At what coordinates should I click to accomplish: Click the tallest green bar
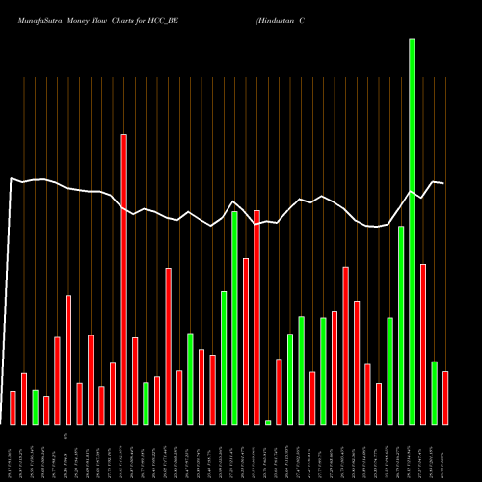(x=412, y=231)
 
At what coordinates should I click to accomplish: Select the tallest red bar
(x=123, y=280)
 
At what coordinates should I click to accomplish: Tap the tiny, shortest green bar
(x=268, y=422)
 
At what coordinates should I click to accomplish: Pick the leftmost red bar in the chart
(x=13, y=408)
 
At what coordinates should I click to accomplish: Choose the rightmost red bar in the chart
(x=445, y=398)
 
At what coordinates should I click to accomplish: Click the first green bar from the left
(x=35, y=407)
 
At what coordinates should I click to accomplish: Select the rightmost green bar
(x=435, y=392)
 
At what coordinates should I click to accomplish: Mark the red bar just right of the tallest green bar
(x=423, y=344)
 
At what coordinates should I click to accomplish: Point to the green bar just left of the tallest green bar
(x=401, y=325)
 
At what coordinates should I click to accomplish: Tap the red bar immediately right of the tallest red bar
(x=135, y=381)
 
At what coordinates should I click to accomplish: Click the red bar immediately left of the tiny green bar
(x=256, y=317)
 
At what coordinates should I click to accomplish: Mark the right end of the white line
(x=443, y=183)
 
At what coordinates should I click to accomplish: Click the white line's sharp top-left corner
(x=12, y=178)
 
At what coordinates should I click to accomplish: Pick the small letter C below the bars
(x=66, y=437)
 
